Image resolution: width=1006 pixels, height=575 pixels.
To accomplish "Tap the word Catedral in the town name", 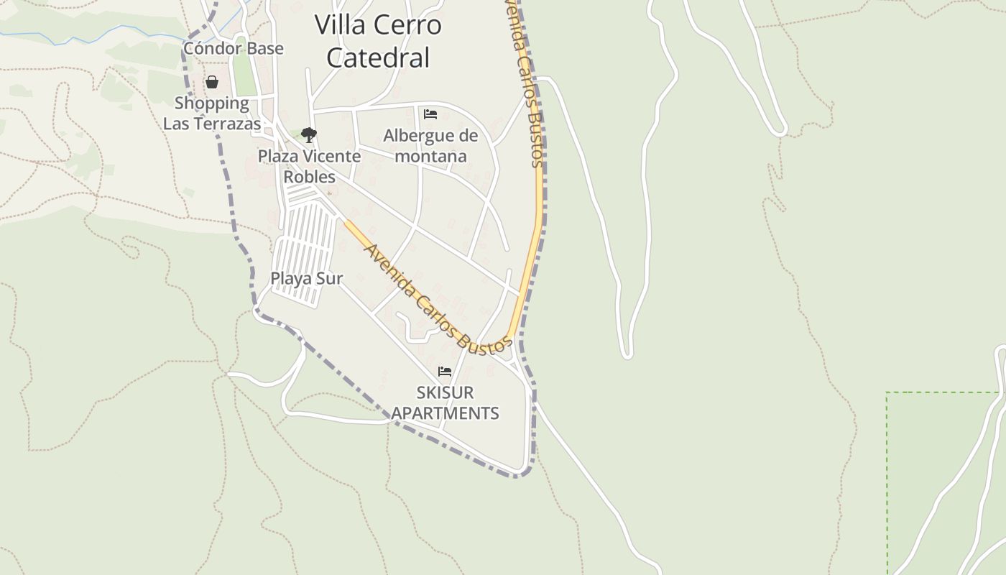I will [378, 57].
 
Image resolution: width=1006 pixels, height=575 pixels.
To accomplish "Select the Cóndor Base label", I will [234, 48].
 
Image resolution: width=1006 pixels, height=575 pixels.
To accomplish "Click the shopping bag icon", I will [212, 82].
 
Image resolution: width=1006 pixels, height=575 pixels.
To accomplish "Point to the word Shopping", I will [212, 103].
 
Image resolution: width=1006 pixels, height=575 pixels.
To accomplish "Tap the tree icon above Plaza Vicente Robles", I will [309, 134].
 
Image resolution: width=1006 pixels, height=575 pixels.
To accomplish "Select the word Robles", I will [310, 177].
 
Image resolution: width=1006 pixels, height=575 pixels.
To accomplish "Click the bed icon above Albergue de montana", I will [430, 114].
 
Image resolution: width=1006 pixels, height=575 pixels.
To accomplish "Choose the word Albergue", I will [419, 135].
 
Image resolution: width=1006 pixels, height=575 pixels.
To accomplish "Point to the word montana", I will [430, 156].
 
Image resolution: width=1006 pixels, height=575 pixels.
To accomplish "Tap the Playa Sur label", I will [306, 278].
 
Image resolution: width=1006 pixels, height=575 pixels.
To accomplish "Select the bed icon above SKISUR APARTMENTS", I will [445, 372].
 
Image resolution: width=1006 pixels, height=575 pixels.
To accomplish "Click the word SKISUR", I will [445, 392].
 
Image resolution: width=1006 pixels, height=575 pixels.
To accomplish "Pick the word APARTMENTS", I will [445, 413].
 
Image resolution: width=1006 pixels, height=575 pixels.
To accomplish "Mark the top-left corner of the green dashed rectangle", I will [887, 392].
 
